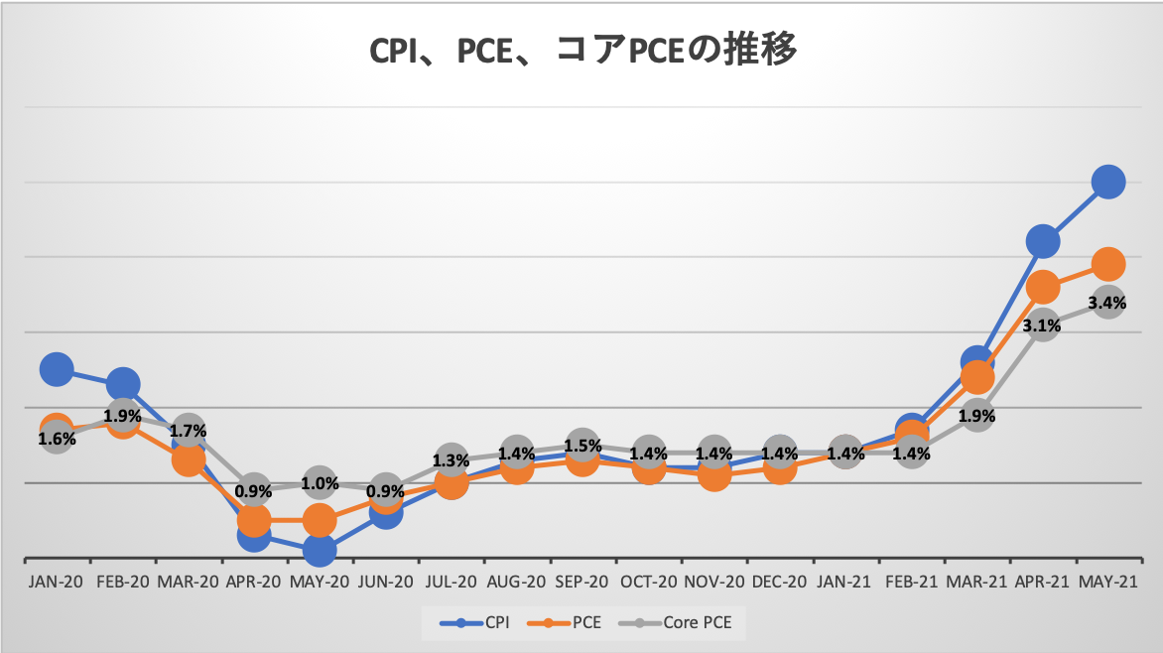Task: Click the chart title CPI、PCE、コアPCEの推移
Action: tap(582, 52)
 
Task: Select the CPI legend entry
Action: tap(474, 622)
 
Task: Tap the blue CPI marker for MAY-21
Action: tap(1107, 182)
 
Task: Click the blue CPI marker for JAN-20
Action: tap(57, 369)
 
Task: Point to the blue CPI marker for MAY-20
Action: tap(320, 550)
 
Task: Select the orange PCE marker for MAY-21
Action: tap(1107, 264)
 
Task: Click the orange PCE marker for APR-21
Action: tap(1042, 288)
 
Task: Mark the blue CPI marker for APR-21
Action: tap(1042, 241)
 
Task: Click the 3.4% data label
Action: tap(1107, 303)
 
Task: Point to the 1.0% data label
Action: tap(320, 484)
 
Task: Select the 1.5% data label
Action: tap(582, 447)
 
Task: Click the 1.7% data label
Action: tap(188, 432)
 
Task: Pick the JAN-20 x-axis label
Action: tap(57, 583)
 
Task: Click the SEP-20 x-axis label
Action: tap(582, 583)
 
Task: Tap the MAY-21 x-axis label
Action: tap(1107, 583)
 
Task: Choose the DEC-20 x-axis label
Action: tap(779, 583)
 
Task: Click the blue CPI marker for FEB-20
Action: tap(123, 384)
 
